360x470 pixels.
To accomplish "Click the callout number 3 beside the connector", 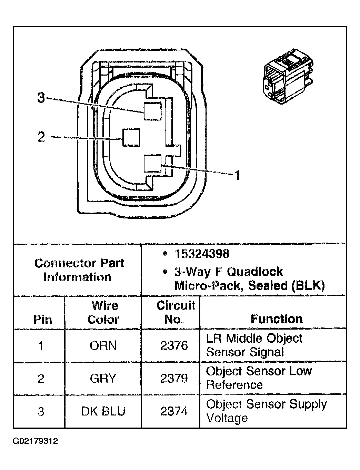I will coord(41,98).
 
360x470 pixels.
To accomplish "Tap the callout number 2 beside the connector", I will coord(41,137).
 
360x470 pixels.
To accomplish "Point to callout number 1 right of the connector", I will coord(237,176).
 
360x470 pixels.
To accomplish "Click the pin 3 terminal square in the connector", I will coord(152,111).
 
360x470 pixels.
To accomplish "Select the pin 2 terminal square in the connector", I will coord(131,138).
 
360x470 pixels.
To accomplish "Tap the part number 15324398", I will coord(202,254).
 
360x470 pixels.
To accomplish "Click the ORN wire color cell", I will coord(103,346).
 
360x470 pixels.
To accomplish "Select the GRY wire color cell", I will coord(103,379).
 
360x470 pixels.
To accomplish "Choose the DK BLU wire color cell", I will coord(103,411).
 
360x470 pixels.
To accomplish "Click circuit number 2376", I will coord(174,346).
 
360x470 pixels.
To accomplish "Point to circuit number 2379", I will coord(174,379).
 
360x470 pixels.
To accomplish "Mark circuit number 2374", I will coord(174,411).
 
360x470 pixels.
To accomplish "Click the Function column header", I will coord(277,319).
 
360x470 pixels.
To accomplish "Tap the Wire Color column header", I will coord(103,312).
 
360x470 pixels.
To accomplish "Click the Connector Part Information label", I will coord(79,270).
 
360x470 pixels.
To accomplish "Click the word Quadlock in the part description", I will coord(255,272).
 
